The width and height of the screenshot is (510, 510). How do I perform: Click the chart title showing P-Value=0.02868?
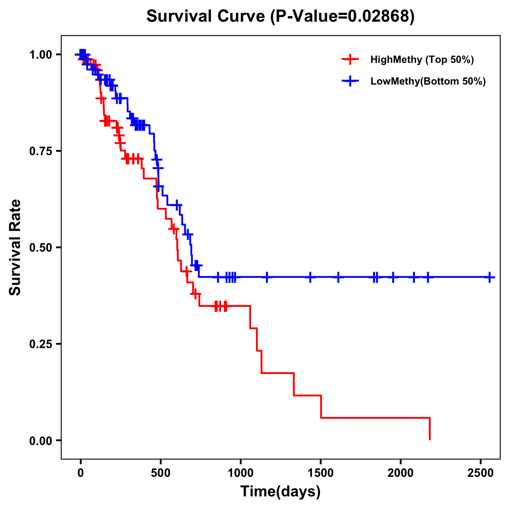[x=280, y=16]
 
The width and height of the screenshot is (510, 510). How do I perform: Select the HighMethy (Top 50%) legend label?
[x=422, y=59]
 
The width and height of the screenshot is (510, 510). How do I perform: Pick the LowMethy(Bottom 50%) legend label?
[x=428, y=81]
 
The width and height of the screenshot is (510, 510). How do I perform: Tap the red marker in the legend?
[x=351, y=59]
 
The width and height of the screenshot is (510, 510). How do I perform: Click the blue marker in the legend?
[x=351, y=81]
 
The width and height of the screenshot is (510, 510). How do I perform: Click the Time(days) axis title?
[x=280, y=492]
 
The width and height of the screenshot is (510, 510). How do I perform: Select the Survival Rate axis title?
[x=15, y=247]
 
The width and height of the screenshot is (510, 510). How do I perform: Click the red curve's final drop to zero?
[x=430, y=429]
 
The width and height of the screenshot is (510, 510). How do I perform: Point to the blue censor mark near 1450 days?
[x=310, y=277]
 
